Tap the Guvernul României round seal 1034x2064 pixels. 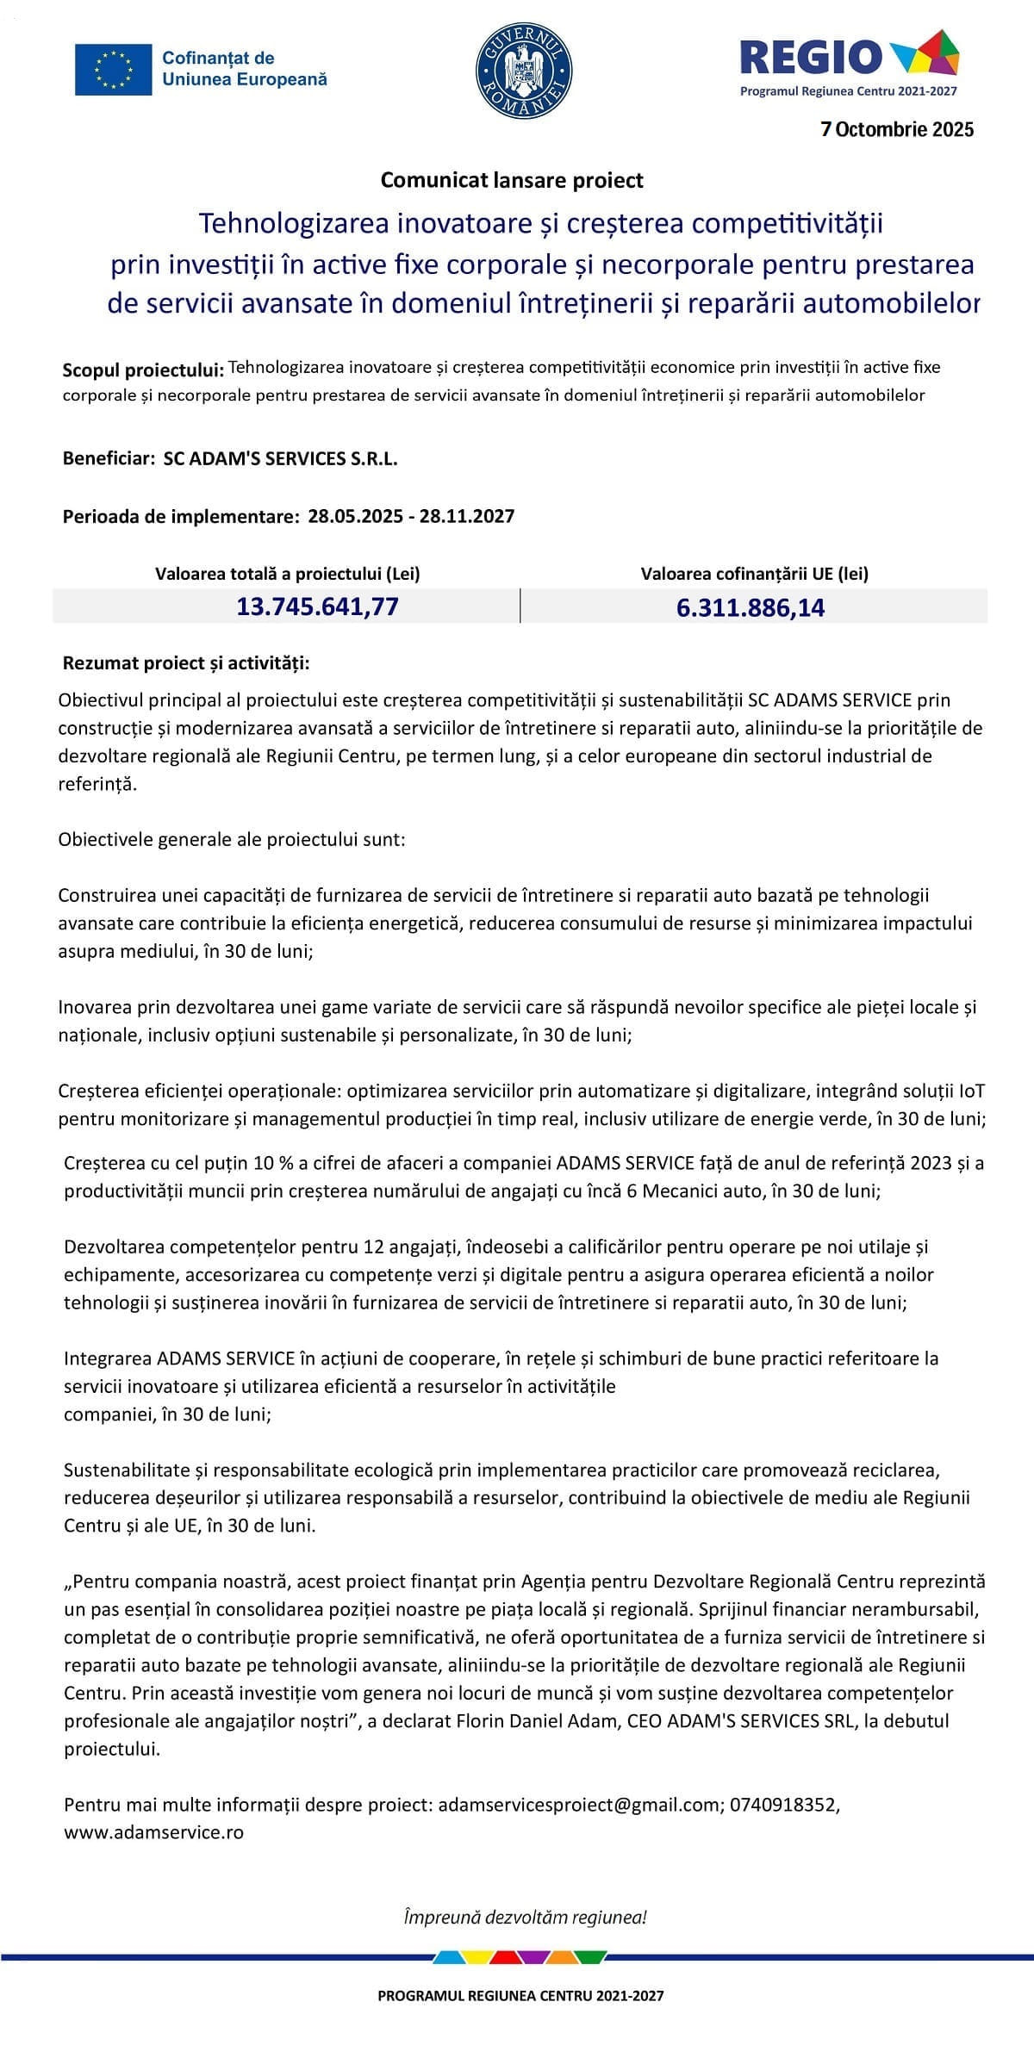524,69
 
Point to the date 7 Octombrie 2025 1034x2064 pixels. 897,129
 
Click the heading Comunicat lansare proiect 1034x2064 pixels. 512,180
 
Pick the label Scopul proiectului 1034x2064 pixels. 143,370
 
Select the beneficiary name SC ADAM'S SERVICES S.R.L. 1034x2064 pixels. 281,458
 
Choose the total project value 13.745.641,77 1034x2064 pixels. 317,606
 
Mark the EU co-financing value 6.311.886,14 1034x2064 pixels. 751,608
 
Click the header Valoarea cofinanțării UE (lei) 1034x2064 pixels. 754,574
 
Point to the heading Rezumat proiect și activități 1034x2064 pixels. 186,663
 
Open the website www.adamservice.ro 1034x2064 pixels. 153,1832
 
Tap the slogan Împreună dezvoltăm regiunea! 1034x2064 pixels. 525,1918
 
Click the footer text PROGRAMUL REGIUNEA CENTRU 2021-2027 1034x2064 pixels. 520,1995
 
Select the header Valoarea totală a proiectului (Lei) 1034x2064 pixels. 288,574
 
